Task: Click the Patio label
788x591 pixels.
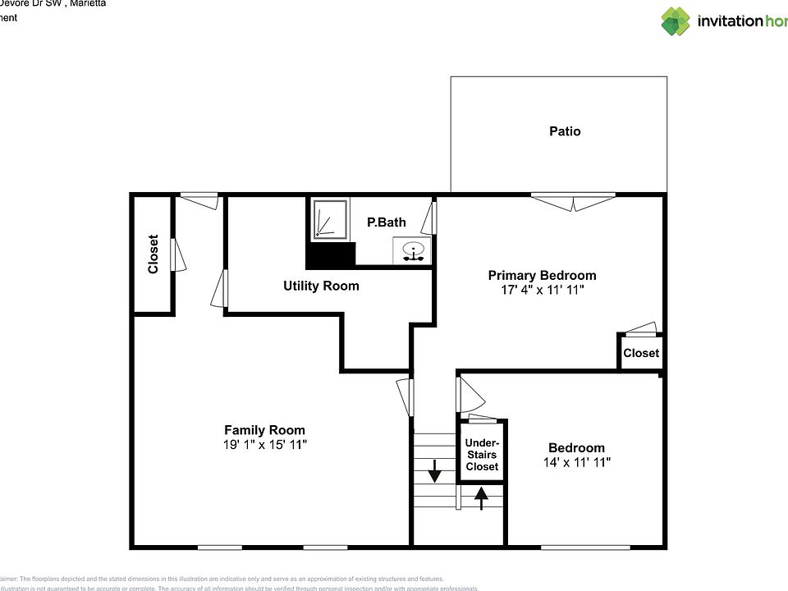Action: pos(565,131)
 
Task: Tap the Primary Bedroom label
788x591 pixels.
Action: pos(542,276)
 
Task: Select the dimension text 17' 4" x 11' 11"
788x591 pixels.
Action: pos(542,290)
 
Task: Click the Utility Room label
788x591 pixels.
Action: pos(321,286)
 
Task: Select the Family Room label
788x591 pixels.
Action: pos(264,430)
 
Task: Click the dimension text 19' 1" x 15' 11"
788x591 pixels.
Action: pos(264,444)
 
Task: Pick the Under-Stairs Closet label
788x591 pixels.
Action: pos(482,455)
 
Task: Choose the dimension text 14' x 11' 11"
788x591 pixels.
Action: pos(576,462)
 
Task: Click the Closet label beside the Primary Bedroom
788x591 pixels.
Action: pos(641,354)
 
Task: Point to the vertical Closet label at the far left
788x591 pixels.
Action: pos(153,254)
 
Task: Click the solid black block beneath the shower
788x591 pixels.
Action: pos(330,255)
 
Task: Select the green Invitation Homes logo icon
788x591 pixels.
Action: pos(676,21)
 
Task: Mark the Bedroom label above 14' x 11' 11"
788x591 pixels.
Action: pos(576,448)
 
